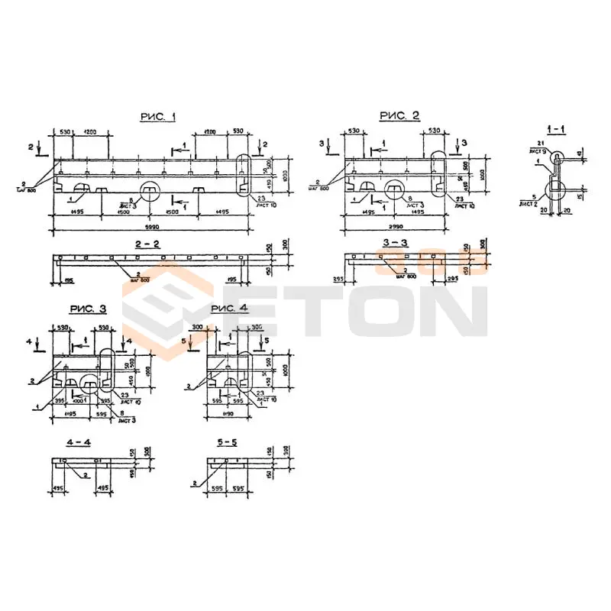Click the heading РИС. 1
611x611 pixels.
point(158,117)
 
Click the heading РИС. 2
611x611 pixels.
point(399,115)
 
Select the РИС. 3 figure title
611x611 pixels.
point(89,309)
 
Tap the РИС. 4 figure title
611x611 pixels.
point(229,309)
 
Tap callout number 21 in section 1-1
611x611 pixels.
point(539,144)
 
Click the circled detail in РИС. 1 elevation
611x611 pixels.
point(149,189)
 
